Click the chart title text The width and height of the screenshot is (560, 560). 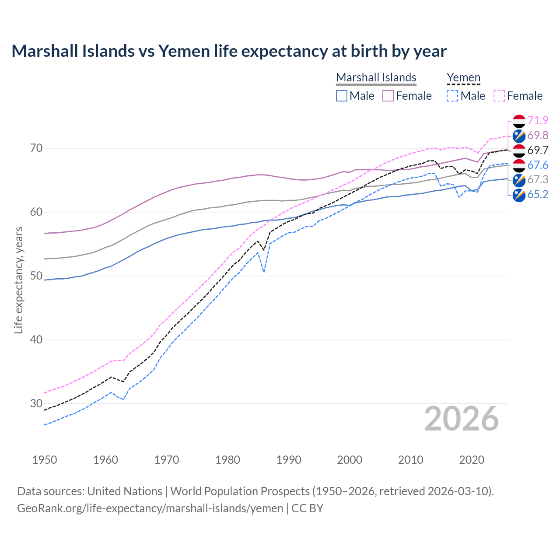pyautogui.click(x=229, y=51)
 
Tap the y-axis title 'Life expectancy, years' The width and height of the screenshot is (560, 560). pyautogui.click(x=18, y=280)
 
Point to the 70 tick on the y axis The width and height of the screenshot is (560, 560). pyautogui.click(x=36, y=148)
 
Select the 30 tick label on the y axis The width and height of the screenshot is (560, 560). pyautogui.click(x=36, y=403)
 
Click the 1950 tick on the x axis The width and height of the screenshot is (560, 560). pyautogui.click(x=45, y=460)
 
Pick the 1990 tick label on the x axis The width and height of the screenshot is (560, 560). pyautogui.click(x=289, y=460)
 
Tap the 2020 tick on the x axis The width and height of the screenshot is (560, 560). pyautogui.click(x=472, y=460)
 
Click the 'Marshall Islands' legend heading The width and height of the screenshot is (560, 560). pyautogui.click(x=376, y=77)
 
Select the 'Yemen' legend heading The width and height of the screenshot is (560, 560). pyautogui.click(x=463, y=77)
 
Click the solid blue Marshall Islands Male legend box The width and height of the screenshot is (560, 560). pyautogui.click(x=342, y=96)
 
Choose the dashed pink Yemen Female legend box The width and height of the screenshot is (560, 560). pyautogui.click(x=499, y=96)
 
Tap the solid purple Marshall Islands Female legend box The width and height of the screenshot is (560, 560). pyautogui.click(x=388, y=96)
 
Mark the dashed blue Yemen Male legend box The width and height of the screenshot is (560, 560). pyautogui.click(x=452, y=96)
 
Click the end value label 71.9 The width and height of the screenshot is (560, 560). pyautogui.click(x=538, y=120)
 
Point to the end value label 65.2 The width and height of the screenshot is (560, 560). pyautogui.click(x=538, y=194)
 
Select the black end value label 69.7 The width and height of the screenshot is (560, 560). pyautogui.click(x=538, y=150)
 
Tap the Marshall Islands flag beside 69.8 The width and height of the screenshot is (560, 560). pyautogui.click(x=519, y=136)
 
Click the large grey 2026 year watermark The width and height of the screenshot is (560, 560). pyautogui.click(x=461, y=419)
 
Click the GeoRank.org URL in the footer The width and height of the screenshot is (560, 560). pyautogui.click(x=150, y=508)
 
